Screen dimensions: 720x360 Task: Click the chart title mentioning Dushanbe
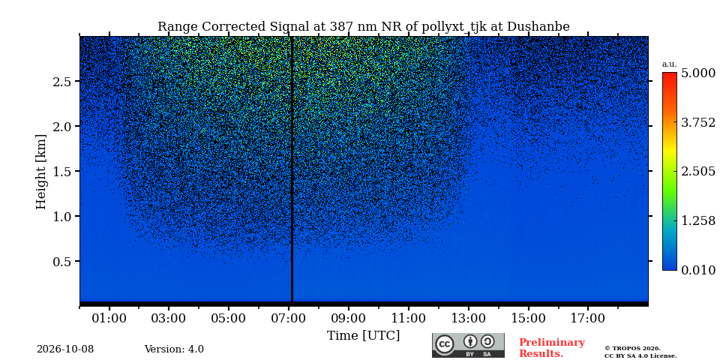pyautogui.click(x=363, y=27)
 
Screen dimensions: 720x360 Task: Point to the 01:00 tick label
pyautogui.click(x=109, y=318)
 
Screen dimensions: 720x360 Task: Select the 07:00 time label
pyautogui.click(x=289, y=318)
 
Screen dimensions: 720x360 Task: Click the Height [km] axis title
pyautogui.click(x=41, y=172)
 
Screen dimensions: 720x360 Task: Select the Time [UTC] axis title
pyautogui.click(x=363, y=336)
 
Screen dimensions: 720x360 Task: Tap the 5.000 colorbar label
pyautogui.click(x=698, y=73)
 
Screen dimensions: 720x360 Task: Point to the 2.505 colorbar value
pyautogui.click(x=698, y=172)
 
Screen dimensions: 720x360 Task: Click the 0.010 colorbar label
pyautogui.click(x=698, y=270)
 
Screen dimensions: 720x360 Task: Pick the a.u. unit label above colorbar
pyautogui.click(x=670, y=64)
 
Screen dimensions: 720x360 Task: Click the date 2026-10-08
pyautogui.click(x=65, y=349)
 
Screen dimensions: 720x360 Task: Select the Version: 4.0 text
pyautogui.click(x=174, y=349)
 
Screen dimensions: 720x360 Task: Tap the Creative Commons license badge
pyautogui.click(x=468, y=345)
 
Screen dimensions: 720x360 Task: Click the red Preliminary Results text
pyautogui.click(x=551, y=348)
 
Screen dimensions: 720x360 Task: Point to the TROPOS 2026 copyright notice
pyautogui.click(x=640, y=352)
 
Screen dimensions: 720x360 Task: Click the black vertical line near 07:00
pyautogui.click(x=292, y=169)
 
